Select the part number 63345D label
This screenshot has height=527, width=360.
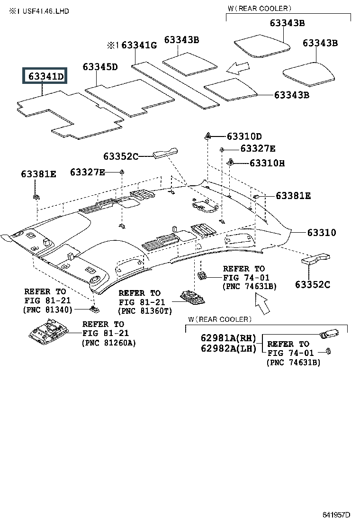(100, 67)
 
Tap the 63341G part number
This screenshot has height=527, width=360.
(139, 45)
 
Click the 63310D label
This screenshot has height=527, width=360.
(244, 136)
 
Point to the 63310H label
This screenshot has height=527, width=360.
(267, 164)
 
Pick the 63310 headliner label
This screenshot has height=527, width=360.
(321, 233)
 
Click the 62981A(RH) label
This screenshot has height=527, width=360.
(228, 338)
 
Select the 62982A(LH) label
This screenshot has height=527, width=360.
(228, 348)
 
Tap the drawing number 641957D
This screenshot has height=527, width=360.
(336, 515)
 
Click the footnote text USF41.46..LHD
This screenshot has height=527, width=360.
(45, 11)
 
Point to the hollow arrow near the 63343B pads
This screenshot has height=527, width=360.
(238, 68)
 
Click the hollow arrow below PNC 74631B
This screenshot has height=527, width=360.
(262, 303)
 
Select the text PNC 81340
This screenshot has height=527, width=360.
(48, 309)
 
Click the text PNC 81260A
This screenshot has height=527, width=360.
(109, 343)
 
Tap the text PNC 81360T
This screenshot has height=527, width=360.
(145, 311)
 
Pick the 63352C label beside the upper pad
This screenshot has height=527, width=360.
(121, 156)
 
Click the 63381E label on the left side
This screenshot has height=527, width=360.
(38, 174)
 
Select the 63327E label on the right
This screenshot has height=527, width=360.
(258, 148)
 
